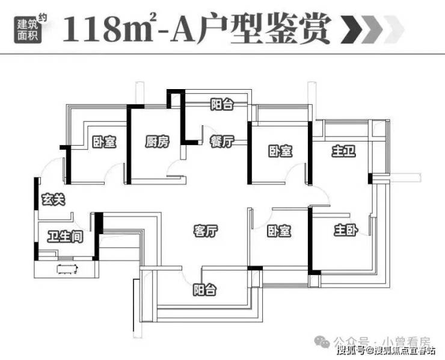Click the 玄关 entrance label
[x=54, y=199]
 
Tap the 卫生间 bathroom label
[x=66, y=236]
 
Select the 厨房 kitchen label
[x=157, y=141]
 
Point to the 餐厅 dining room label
[x=222, y=141]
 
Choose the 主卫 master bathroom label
[x=344, y=151]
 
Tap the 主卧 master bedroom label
[x=346, y=230]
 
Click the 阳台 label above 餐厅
[x=222, y=104]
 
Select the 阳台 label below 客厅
[x=204, y=290]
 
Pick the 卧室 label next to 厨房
[x=105, y=141]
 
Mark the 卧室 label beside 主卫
[x=280, y=151]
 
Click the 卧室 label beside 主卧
[x=279, y=231]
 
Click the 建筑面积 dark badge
[x=28, y=29]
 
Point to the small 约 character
[x=42, y=18]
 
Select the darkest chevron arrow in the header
[x=351, y=29]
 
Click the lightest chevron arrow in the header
[x=393, y=29]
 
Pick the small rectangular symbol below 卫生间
[x=67, y=269]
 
